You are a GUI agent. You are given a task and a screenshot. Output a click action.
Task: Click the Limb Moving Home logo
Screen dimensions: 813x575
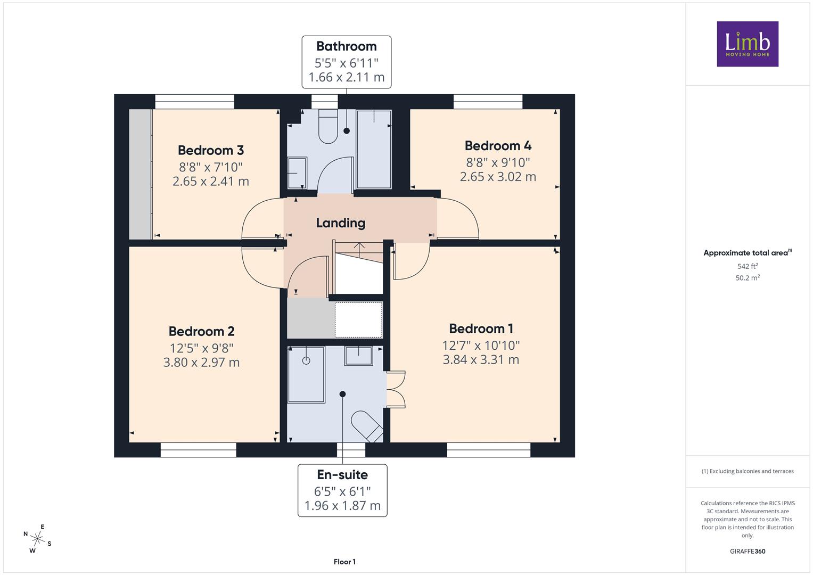[748, 44]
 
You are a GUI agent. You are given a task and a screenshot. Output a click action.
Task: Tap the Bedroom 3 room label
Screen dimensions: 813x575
[210, 150]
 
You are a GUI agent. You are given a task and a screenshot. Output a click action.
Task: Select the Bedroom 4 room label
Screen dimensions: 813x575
[498, 146]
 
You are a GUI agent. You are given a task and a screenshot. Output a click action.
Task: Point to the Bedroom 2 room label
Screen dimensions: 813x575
[201, 331]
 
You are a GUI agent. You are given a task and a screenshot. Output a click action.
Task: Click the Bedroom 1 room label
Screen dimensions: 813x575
[481, 329]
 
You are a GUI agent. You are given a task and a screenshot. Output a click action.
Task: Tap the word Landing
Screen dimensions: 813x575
[340, 223]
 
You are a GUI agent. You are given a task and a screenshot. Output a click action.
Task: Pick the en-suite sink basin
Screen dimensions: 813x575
[359, 356]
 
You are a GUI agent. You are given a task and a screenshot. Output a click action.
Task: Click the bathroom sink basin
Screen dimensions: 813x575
[297, 173]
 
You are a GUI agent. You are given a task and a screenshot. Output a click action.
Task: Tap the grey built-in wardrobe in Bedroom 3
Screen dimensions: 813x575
[141, 174]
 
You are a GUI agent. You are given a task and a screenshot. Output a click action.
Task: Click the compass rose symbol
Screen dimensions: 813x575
[37, 539]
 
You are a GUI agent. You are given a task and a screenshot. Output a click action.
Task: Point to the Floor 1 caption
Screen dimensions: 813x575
[344, 562]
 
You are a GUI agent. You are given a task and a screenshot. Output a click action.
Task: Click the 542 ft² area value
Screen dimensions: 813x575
[748, 266]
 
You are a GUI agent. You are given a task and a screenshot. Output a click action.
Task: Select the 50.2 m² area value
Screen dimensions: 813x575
[748, 278]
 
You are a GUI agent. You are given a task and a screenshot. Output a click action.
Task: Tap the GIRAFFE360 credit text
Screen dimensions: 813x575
[748, 552]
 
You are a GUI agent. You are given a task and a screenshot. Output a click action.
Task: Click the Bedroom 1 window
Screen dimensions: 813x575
[489, 450]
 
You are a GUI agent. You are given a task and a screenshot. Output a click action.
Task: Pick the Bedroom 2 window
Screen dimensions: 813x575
[198, 450]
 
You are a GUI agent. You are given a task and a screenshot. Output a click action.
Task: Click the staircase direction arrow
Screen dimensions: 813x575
[359, 250]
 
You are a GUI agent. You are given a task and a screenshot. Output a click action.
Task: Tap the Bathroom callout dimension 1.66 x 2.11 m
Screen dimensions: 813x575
[346, 77]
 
